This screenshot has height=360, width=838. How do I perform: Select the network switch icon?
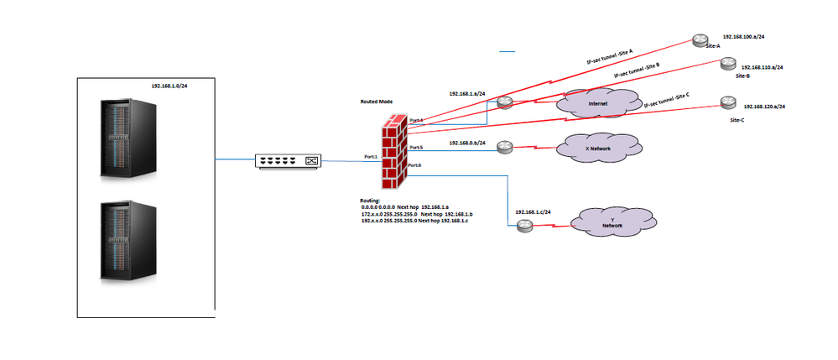pyautogui.click(x=288, y=160)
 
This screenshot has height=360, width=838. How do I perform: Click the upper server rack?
pyautogui.click(x=128, y=138)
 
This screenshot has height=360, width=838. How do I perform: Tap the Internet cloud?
pyautogui.click(x=598, y=103)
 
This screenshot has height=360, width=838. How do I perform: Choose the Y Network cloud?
pyautogui.click(x=612, y=222)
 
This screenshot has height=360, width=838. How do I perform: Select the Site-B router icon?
pyautogui.click(x=727, y=64)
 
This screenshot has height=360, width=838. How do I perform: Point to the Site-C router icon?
pyautogui.click(x=726, y=103)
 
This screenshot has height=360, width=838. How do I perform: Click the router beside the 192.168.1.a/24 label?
pyautogui.click(x=504, y=102)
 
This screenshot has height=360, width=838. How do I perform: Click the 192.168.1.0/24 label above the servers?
pyautogui.click(x=170, y=86)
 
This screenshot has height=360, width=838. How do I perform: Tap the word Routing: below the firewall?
pyautogui.click(x=369, y=201)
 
